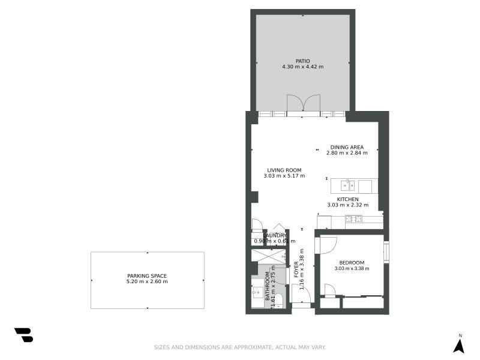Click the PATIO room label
coord(303,61)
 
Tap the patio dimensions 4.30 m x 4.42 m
coord(303,67)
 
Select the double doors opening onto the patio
coord(303,104)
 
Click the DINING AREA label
coord(347,147)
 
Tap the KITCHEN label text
coord(347,199)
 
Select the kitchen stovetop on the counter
coord(353,219)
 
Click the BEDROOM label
coord(352,262)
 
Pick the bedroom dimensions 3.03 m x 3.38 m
coord(352,268)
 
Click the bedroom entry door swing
coord(328,244)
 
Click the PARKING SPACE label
coord(147,276)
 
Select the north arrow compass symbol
coord(459,345)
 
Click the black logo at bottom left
coord(23,335)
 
